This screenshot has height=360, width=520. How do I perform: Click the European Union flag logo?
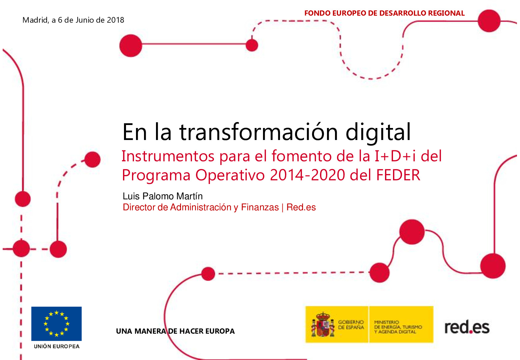[56, 323]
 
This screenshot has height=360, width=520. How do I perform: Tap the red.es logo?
[467, 327]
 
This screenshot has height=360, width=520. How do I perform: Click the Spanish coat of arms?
[322, 325]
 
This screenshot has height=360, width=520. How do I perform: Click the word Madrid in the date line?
[35, 20]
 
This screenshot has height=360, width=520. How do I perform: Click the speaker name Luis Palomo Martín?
[163, 196]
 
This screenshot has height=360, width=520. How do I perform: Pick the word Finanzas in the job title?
[260, 207]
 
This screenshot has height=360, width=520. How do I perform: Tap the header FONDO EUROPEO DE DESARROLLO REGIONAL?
[384, 13]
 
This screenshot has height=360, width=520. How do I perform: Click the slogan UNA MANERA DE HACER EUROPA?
[175, 331]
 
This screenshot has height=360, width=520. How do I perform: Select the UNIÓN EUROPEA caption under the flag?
[57, 346]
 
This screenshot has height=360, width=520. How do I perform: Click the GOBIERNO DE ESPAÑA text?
[351, 325]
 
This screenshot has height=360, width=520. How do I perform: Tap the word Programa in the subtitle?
[156, 175]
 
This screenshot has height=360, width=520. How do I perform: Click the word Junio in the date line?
[85, 20]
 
